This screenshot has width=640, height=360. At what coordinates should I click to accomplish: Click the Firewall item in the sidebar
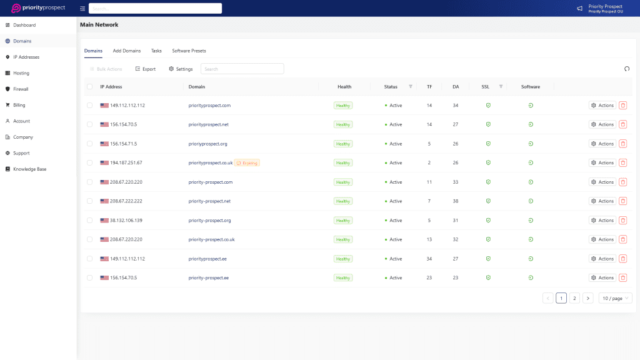(x=21, y=89)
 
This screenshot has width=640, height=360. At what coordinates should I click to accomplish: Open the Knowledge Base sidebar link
(x=29, y=169)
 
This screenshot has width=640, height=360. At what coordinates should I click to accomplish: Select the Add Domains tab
(x=127, y=51)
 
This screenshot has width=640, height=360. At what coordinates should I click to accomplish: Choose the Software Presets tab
(x=189, y=51)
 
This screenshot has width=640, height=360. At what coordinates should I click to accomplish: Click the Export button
(x=146, y=69)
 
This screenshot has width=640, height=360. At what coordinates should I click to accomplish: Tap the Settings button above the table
(x=181, y=69)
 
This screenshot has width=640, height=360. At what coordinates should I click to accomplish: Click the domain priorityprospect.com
(x=209, y=106)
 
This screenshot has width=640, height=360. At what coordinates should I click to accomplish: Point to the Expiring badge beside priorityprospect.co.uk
(x=247, y=163)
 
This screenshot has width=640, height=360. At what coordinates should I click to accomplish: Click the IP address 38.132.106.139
(x=127, y=221)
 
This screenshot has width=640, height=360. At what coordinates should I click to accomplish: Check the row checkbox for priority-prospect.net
(x=90, y=201)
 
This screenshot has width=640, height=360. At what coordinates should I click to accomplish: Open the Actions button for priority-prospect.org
(x=602, y=221)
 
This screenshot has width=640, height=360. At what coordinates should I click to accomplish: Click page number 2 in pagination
(x=574, y=298)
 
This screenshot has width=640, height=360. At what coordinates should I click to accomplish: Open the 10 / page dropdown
(x=615, y=298)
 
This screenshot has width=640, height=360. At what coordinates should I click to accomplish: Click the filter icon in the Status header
(x=411, y=87)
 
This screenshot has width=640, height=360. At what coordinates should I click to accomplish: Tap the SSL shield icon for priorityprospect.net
(x=488, y=124)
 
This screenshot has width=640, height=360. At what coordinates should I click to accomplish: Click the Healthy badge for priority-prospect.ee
(x=343, y=278)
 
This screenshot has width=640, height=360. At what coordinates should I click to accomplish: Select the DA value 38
(x=456, y=201)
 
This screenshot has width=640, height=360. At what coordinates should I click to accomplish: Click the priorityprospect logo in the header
(x=38, y=8)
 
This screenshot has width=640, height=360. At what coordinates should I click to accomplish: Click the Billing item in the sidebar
(x=19, y=105)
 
